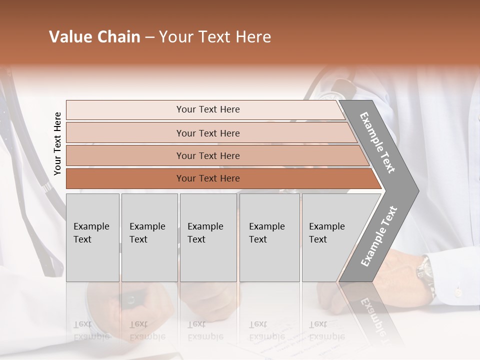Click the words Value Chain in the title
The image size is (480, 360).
coord(94,37)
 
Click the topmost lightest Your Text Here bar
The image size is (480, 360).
coord(207,109)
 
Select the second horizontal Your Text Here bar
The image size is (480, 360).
coord(207,133)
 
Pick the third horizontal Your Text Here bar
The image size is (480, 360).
coord(207,155)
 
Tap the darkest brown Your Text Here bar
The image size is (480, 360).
coord(207,178)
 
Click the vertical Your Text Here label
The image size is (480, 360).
coord(57,143)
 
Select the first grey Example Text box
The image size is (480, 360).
coord(92,237)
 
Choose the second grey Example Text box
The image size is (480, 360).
coord(149,237)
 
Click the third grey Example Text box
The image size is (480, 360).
coord(208,237)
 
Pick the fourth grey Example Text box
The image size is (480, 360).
coord(269,237)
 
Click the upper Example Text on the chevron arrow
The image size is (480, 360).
coord(377,142)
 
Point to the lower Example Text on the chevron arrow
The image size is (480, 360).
coord(379,236)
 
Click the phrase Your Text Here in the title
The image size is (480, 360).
coord(215,37)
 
